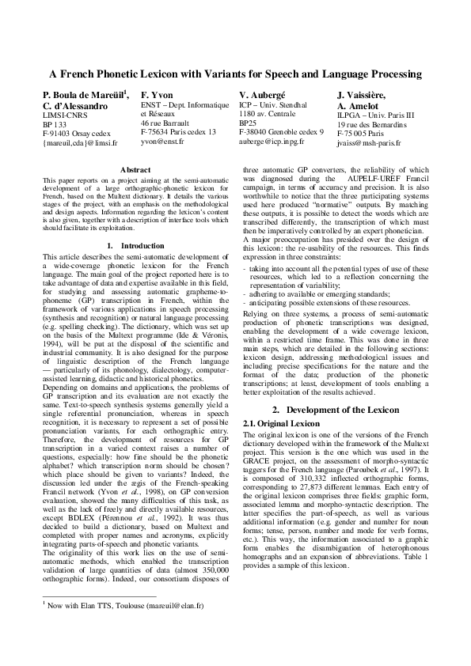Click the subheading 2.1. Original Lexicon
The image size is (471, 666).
coord(275,424)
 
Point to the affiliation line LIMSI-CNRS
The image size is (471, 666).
coord(64,115)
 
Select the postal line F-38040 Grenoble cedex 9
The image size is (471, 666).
coord(281,132)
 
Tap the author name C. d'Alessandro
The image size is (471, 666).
coord(75,105)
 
